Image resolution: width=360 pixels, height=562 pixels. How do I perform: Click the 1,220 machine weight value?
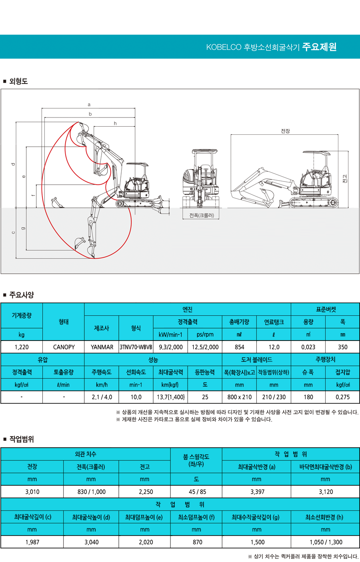22,347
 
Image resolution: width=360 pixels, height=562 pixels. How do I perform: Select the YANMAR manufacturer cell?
102,347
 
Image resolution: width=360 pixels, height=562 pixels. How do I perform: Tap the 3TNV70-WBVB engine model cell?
136,347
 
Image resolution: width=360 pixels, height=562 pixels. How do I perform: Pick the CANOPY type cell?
64,347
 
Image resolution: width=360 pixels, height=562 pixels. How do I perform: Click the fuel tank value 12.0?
274,347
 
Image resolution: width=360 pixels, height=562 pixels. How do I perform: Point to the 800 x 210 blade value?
239,397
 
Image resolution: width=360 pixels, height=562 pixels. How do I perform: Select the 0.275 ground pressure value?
342,397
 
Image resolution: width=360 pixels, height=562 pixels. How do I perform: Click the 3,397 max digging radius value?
256,492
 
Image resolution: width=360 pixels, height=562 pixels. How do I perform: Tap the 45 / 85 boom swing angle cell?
196,492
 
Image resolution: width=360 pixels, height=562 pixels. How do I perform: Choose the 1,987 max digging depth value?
32,542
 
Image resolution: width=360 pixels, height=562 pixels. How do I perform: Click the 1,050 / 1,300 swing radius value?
326,542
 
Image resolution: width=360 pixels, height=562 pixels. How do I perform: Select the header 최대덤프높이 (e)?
144,517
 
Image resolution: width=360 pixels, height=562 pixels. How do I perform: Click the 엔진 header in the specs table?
187,309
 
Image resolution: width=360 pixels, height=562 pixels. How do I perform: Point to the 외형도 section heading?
18,81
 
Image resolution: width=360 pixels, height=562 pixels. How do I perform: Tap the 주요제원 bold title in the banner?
319,47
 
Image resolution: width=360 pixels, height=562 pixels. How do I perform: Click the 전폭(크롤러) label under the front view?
202,215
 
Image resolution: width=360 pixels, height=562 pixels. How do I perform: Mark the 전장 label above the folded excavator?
285,131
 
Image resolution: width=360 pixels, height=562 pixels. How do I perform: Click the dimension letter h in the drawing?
115,124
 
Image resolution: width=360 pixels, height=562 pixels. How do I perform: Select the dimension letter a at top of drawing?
89,105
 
